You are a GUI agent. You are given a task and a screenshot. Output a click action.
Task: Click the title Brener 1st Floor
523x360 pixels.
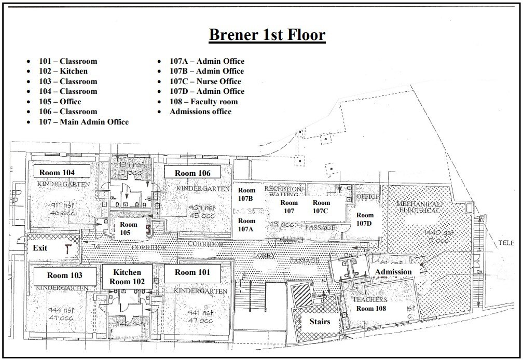pos(267,35)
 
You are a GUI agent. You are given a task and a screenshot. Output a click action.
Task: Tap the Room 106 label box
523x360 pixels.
pos(192,173)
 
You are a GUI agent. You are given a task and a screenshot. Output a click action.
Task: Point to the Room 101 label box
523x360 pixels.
pos(192,272)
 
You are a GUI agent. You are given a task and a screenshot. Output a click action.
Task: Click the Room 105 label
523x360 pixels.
pos(128,228)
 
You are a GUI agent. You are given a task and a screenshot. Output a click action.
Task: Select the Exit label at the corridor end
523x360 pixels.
pos(40,248)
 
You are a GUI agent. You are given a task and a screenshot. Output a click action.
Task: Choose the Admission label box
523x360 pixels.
pos(393,271)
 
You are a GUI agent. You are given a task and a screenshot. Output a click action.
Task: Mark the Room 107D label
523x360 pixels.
pos(365,219)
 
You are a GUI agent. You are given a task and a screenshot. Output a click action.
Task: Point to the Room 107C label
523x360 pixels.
pos(321,206)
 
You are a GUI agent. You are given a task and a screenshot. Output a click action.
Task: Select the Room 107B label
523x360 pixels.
pos(246,195)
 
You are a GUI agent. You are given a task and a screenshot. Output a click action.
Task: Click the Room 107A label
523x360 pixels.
pos(246,225)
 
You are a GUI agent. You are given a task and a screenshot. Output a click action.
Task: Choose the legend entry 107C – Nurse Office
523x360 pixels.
pos(205,81)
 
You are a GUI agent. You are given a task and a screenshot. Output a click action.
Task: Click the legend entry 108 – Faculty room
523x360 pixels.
pos(203,102)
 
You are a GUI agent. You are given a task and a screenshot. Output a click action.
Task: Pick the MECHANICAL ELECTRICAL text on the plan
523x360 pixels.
pos(419,207)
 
